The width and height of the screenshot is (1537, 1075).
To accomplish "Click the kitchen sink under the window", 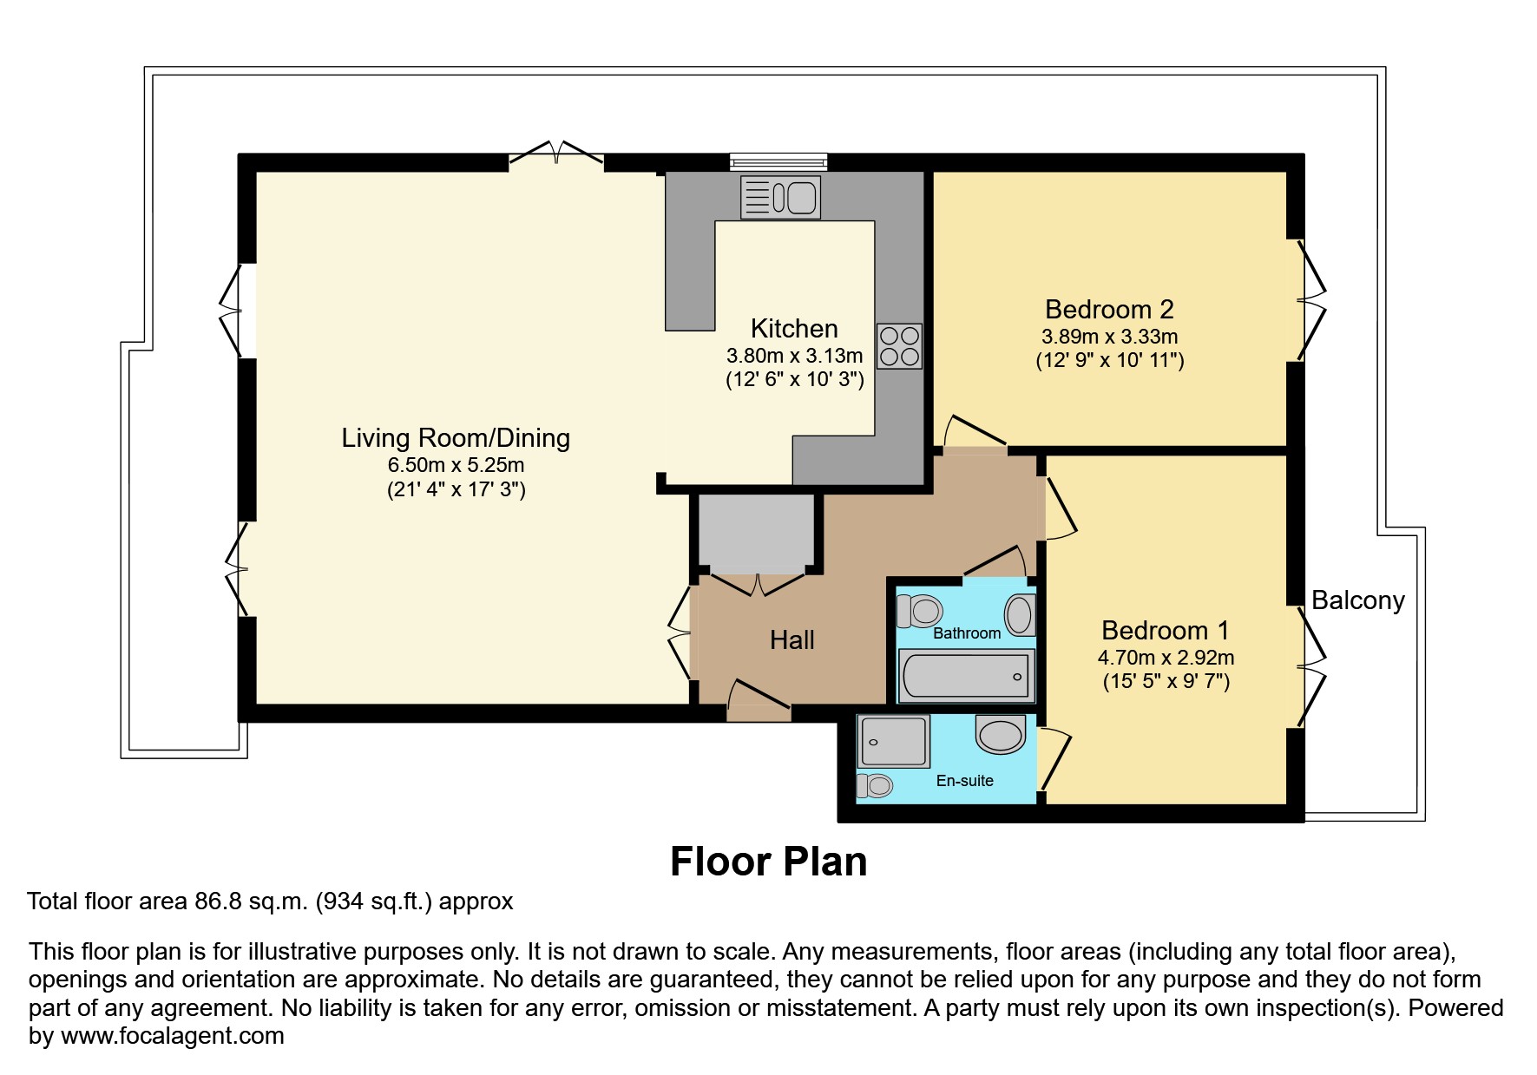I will coord(780,197).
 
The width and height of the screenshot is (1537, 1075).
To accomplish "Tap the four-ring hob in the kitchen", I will coord(898,346).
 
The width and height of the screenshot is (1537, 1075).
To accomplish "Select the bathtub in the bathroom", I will coord(966,675).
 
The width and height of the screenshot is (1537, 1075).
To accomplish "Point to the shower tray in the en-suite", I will coord(893,742).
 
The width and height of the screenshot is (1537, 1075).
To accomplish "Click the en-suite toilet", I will coord(875,786).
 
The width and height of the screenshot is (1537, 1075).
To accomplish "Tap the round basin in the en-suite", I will coord(1001,734).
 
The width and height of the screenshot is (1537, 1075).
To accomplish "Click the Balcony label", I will coord(1357,600).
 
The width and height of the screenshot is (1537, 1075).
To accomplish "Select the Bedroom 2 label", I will coord(1109,310).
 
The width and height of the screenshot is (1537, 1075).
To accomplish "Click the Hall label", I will coord(791,640).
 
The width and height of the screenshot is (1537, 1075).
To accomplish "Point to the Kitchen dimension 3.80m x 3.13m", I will coord(794,356).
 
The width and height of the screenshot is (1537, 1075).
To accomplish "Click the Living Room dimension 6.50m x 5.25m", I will coord(456,465).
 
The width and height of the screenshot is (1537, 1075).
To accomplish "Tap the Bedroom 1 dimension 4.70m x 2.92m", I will coord(1166,658).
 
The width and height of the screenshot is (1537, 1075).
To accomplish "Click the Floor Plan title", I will coord(768,862).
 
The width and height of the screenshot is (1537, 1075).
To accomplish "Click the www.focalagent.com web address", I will coord(172,1036).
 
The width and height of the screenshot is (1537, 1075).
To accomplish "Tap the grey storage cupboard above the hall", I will coord(756,530).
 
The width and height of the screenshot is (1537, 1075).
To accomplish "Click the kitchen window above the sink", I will coord(778,161).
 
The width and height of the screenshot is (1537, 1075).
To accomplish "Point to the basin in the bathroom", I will coord(1020,615).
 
